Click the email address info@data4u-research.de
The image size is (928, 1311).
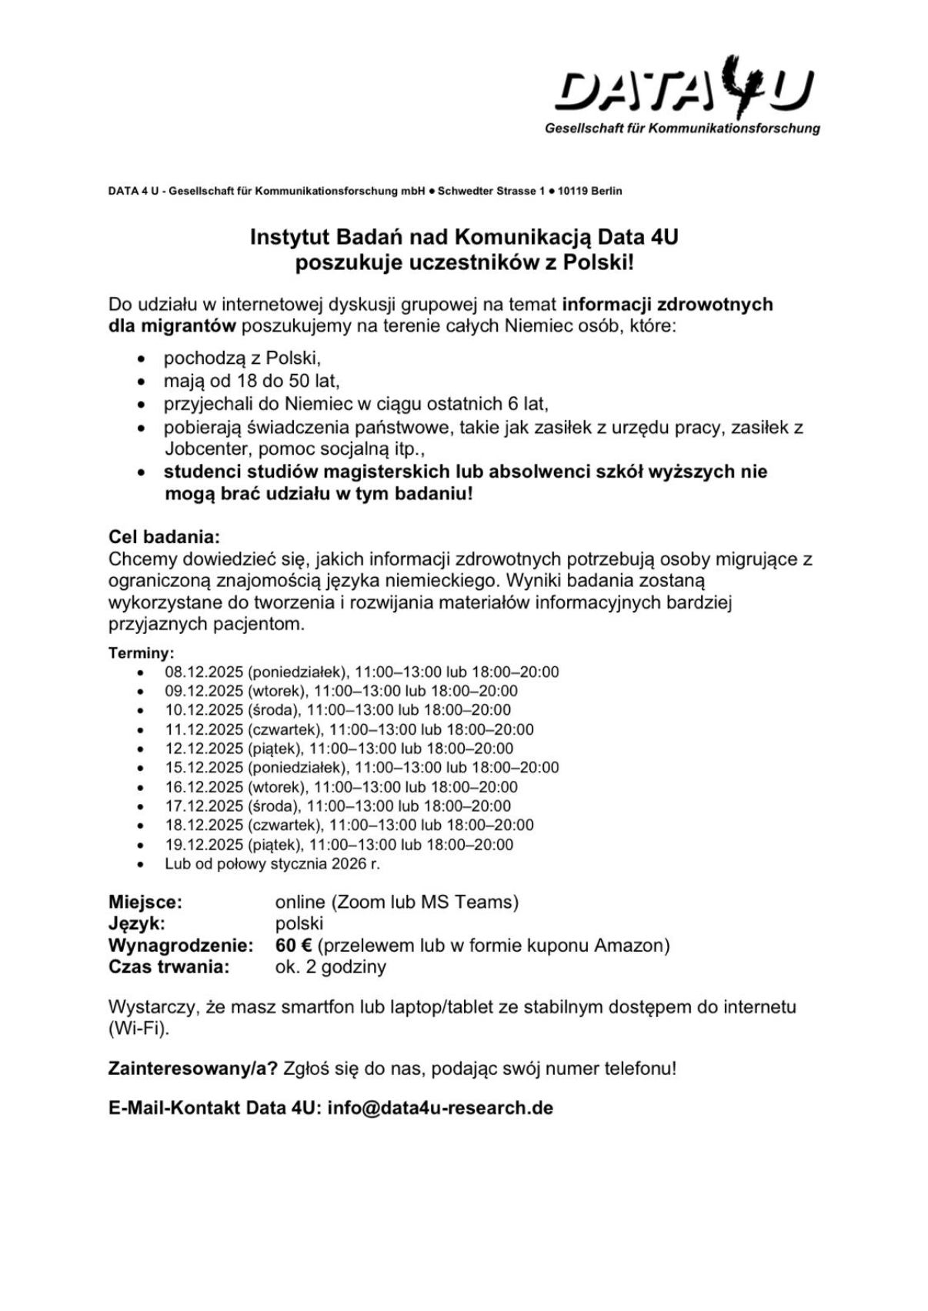coord(440,1108)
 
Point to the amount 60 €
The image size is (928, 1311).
coord(293,945)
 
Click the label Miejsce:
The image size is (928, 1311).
coord(145,902)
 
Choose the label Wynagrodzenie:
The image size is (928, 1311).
coord(181,945)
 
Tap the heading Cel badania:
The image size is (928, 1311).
coord(164,536)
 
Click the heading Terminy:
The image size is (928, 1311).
coord(142,653)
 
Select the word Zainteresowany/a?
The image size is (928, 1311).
coord(192,1068)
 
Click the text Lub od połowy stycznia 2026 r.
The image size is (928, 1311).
coord(272,863)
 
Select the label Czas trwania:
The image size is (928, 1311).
coord(169,966)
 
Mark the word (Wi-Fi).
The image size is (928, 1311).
coord(139,1028)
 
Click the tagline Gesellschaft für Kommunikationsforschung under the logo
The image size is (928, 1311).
coord(682,128)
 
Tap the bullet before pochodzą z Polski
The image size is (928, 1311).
coord(141,359)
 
